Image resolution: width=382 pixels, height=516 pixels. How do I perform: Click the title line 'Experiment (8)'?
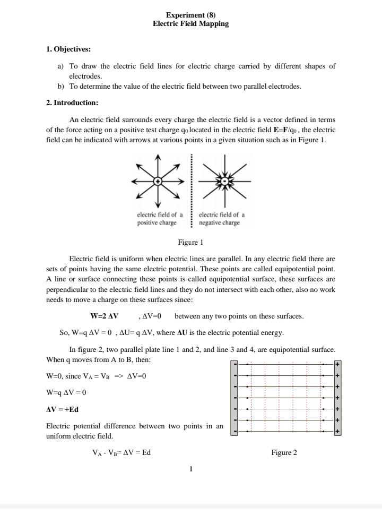point(190,15)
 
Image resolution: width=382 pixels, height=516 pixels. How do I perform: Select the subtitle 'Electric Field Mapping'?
point(190,24)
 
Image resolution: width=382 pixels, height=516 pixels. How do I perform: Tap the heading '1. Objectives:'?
point(68,49)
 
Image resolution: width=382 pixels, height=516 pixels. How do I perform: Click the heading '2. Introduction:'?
point(72,102)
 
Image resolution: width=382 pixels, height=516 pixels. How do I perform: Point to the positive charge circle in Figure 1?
point(158,182)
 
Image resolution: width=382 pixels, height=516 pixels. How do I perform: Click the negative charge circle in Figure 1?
point(225,182)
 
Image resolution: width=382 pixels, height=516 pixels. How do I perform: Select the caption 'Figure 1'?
point(190,243)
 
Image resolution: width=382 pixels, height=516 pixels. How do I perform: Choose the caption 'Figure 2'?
point(284,452)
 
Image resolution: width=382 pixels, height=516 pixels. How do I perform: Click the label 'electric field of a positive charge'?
point(160,219)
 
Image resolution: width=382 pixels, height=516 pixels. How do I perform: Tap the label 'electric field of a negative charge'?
point(222,219)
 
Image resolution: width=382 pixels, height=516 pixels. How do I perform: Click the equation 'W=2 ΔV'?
point(105,316)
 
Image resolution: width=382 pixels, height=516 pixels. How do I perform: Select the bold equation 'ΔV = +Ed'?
point(63,409)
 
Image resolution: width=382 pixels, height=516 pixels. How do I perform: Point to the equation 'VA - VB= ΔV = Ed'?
point(121,452)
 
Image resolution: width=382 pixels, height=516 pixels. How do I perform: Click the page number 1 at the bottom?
point(190,469)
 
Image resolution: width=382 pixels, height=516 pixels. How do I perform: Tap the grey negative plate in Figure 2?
point(234,398)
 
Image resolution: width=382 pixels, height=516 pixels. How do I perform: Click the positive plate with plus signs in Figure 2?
point(337,398)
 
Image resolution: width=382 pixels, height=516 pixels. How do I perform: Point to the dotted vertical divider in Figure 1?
point(192,191)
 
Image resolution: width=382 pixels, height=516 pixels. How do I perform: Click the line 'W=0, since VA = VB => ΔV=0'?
point(96,376)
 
